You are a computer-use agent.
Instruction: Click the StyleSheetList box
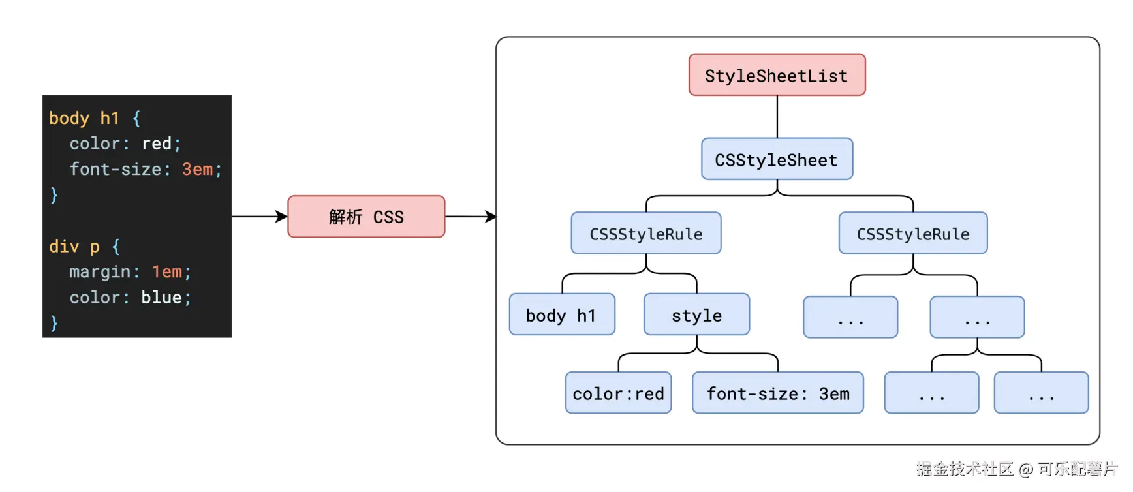777,75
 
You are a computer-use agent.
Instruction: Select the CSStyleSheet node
777,159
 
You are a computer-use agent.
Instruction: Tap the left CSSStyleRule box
645,234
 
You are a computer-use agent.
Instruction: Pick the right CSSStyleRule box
912,234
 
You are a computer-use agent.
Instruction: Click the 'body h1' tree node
561,315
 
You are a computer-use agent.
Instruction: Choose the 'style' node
696,315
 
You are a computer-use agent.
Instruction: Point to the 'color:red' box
618,393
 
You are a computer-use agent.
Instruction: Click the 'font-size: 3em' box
777,393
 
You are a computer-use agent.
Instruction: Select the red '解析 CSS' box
366,217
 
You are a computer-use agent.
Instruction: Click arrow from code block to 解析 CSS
260,217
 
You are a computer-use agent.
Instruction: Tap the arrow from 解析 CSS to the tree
470,217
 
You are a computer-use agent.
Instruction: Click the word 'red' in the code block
157,144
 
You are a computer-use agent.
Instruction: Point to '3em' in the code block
197,169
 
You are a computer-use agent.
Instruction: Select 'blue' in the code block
161,298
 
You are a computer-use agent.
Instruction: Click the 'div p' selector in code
74,247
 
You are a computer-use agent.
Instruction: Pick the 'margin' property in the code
100,272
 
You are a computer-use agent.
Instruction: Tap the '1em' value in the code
167,272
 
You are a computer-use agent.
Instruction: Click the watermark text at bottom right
1016,469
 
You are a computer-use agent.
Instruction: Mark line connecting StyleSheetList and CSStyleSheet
777,117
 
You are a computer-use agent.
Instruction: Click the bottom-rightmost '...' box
1041,393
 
